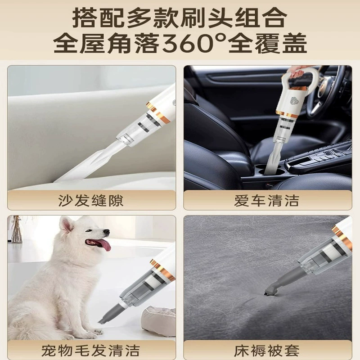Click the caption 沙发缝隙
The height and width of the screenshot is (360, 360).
click(91, 201)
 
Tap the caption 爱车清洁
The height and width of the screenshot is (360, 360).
click(267, 201)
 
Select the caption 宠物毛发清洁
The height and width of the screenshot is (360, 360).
click(91, 351)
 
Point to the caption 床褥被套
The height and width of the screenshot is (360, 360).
click(267, 351)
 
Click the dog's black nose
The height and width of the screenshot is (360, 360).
click(107, 232)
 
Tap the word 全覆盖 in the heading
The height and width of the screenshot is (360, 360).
click(267, 43)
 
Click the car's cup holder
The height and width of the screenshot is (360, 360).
click(269, 171)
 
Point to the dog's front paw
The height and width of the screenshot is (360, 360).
click(99, 331)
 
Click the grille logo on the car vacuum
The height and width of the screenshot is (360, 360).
click(296, 101)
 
